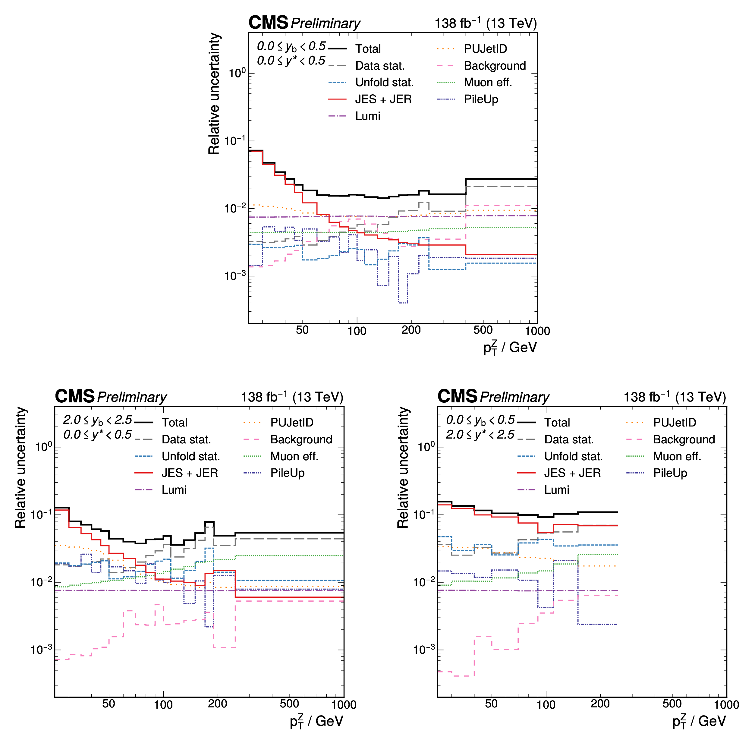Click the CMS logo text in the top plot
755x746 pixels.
tap(268, 23)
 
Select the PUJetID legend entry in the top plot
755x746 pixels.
tap(485, 49)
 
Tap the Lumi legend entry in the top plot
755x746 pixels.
tap(368, 116)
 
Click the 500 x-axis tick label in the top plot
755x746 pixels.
tap(483, 330)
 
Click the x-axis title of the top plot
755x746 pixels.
tap(510, 348)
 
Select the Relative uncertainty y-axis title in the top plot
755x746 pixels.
tap(214, 94)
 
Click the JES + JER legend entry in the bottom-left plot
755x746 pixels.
tap(190, 473)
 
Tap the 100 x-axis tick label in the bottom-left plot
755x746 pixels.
tap(163, 705)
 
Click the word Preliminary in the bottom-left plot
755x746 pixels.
tap(132, 397)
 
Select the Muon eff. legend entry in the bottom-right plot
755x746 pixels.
tap(677, 456)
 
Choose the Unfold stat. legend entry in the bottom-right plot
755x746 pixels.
tap(573, 456)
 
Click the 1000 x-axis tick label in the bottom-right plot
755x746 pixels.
tap(726, 705)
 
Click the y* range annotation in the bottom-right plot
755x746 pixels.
tap(480, 435)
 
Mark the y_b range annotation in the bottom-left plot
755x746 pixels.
tap(98, 420)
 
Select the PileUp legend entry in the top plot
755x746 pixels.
tap(481, 99)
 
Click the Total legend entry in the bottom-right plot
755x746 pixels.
tap(557, 423)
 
